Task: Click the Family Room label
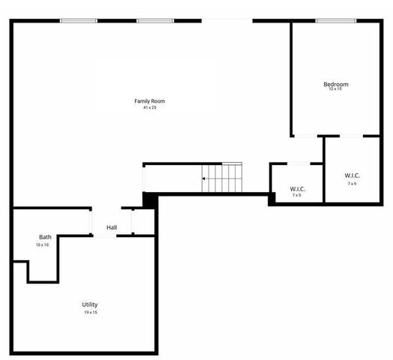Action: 149,100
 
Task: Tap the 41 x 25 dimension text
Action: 149,107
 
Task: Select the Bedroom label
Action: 335,84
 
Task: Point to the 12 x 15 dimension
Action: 335,90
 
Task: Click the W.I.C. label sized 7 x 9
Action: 352,175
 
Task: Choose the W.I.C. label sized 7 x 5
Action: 297,188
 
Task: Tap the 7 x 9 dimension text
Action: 352,183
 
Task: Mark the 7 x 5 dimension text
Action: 297,195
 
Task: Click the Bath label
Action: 45,237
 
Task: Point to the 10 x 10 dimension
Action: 42,244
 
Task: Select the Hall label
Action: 112,227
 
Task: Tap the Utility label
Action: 90,304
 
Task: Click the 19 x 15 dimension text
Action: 90,312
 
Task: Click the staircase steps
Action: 223,178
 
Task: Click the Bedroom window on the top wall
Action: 335,21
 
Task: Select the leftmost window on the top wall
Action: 79,21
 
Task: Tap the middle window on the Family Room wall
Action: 154,21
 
